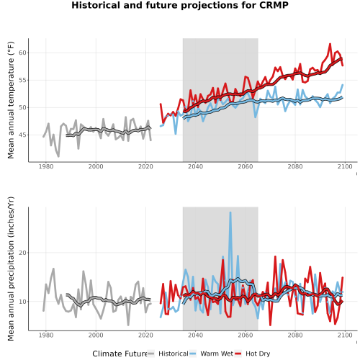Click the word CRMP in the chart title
274,5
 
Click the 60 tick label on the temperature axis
22,53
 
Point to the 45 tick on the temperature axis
22,135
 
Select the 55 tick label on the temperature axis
22,80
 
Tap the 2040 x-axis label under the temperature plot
195,166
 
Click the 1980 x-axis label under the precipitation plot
46,335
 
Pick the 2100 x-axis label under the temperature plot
345,166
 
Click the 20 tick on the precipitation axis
22,253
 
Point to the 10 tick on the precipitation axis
22,302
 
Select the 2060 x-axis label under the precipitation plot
246,335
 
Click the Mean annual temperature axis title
11,100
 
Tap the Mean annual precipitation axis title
11,269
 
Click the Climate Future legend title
120,354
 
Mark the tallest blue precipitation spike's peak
230,212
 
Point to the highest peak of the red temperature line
330,44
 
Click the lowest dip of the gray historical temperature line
58,156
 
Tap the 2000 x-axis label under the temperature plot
96,166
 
